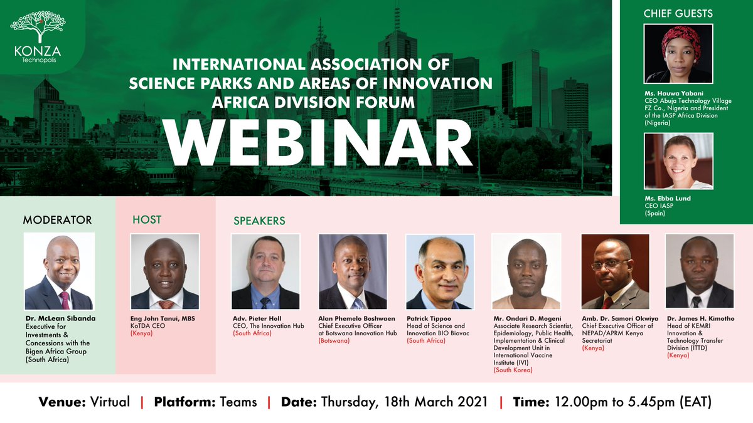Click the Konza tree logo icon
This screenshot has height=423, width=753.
tap(38, 26)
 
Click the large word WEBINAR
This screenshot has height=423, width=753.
tap(318, 143)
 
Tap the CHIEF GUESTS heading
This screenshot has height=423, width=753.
tap(678, 13)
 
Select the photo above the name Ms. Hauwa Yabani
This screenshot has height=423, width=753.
tap(678, 54)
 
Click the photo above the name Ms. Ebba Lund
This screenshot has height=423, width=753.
tap(678, 161)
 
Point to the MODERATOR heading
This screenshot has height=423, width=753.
tap(57, 220)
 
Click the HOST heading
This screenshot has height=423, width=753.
tap(147, 219)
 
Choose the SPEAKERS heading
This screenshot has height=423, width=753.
tap(259, 221)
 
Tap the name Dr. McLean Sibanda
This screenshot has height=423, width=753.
tap(60, 318)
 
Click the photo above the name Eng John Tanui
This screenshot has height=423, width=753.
tap(164, 271)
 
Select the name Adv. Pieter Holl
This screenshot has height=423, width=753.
tap(257, 318)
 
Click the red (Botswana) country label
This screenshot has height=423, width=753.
tap(334, 340)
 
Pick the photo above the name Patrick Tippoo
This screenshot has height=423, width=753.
tap(440, 271)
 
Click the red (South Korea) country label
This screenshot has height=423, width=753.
tap(513, 370)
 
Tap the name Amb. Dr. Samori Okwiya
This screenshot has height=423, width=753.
tap(620, 318)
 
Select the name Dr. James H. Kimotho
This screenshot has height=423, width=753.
tap(700, 318)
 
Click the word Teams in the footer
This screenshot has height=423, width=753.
tap(238, 402)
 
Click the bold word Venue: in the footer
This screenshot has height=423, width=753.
tap(62, 402)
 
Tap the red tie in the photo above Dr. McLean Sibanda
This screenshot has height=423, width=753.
tap(65, 300)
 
